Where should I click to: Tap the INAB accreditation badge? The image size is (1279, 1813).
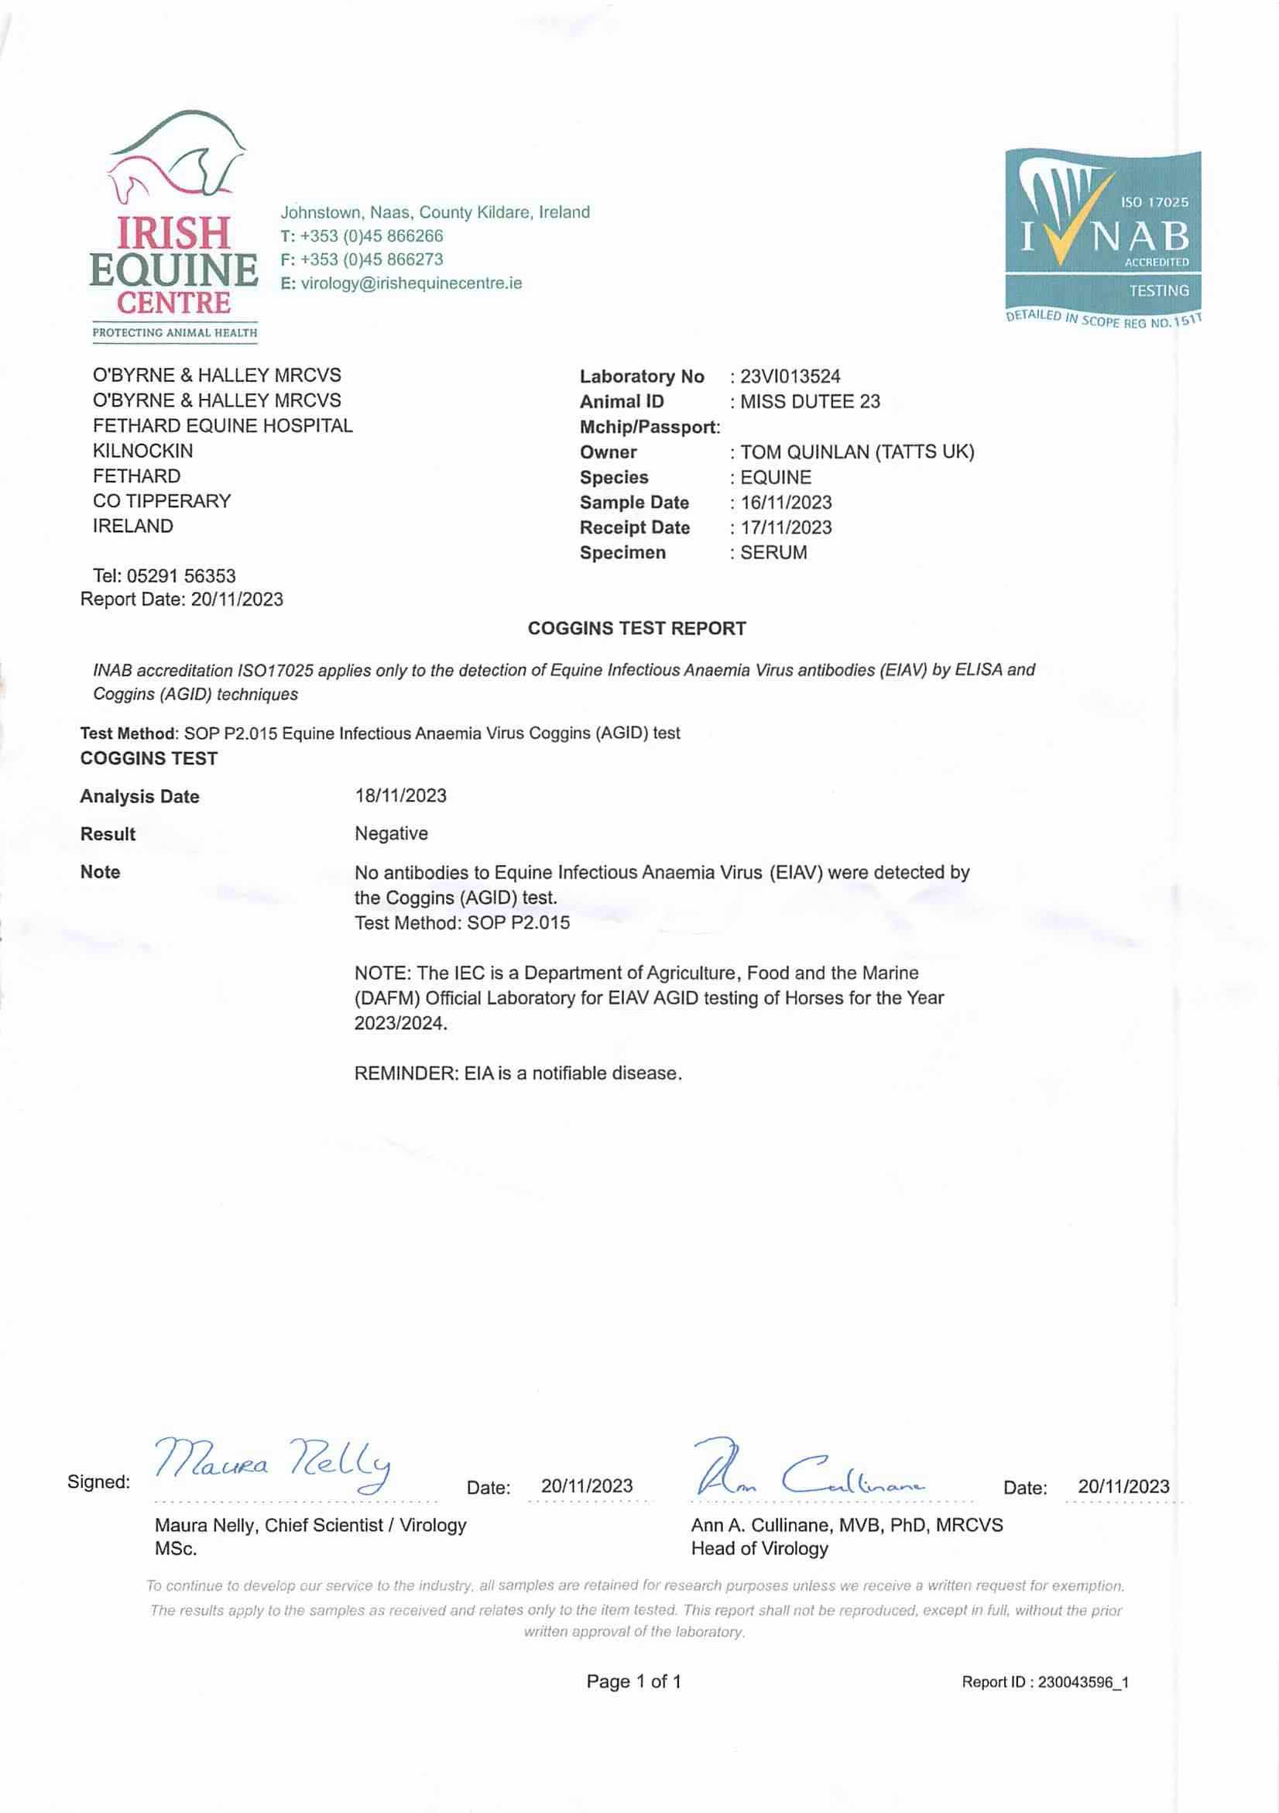(1102, 237)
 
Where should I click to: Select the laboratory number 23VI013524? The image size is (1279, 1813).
(790, 376)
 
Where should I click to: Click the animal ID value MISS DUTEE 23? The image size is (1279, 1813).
(809, 402)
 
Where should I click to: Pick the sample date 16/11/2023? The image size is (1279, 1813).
(786, 503)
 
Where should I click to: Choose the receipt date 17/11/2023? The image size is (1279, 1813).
(786, 528)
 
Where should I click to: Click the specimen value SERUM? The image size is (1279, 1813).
(773, 553)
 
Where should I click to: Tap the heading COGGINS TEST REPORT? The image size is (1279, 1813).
(636, 629)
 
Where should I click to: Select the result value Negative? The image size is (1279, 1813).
(391, 834)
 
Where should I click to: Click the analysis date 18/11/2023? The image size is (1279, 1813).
(400, 796)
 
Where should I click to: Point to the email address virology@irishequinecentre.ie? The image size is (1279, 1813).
(410, 283)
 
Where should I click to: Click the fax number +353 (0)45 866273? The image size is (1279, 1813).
(371, 259)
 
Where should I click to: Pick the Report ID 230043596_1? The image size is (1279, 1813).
(1082, 1683)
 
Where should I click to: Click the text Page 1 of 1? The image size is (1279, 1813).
(633, 1682)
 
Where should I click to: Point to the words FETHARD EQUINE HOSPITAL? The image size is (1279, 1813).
(223, 427)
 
